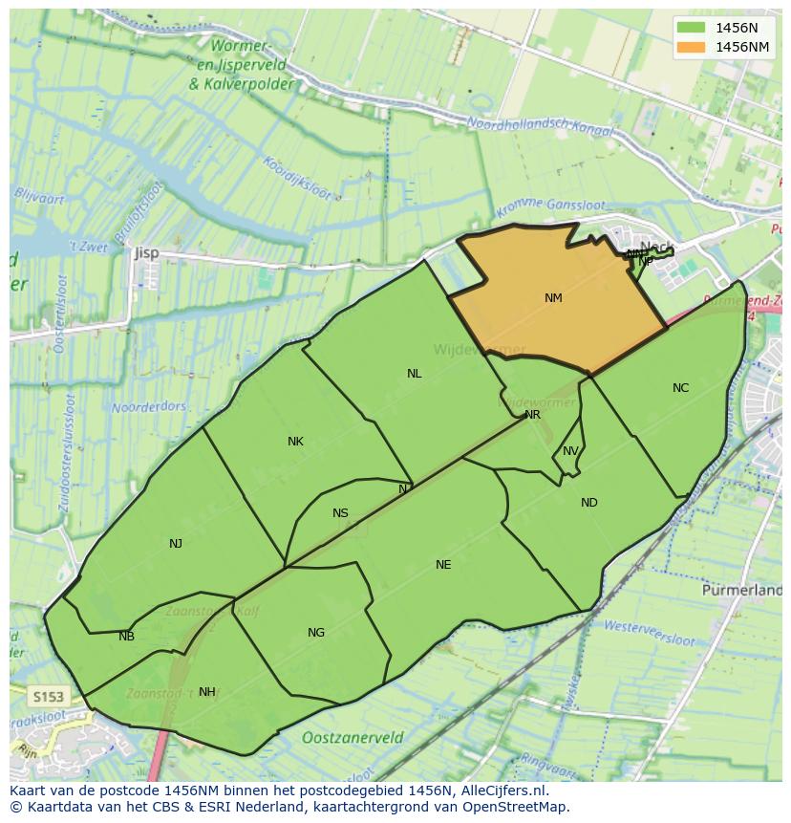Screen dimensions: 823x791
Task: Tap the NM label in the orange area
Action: tap(553, 298)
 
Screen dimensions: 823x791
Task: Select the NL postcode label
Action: tap(414, 374)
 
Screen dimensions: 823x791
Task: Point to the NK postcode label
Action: tap(295, 442)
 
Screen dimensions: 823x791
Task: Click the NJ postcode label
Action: tap(176, 544)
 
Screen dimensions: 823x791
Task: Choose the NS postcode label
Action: tap(340, 513)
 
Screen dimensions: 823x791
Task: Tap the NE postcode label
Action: tap(443, 565)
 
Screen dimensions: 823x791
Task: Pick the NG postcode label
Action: tap(316, 633)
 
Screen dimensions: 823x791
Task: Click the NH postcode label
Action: tap(206, 692)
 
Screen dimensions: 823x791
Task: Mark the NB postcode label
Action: tap(126, 637)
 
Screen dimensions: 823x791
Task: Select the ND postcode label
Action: tap(588, 503)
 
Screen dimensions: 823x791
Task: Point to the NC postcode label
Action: tap(680, 388)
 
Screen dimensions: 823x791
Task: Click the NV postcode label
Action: tap(570, 451)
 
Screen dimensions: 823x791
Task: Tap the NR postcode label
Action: tap(532, 415)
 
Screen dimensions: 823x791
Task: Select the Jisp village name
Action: tap(146, 253)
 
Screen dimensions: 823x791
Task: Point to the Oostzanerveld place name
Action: tap(353, 738)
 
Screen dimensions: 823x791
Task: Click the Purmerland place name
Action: tap(741, 591)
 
